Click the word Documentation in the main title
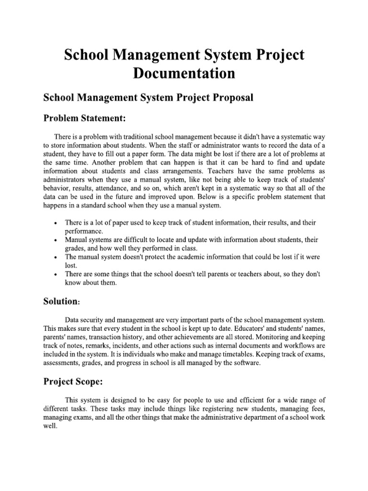pyautogui.click(x=184, y=73)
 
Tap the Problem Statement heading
pyautogui.click(x=86, y=118)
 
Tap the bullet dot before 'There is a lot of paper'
pyautogui.click(x=56, y=224)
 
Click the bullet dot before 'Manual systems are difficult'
pyautogui.click(x=56, y=239)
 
